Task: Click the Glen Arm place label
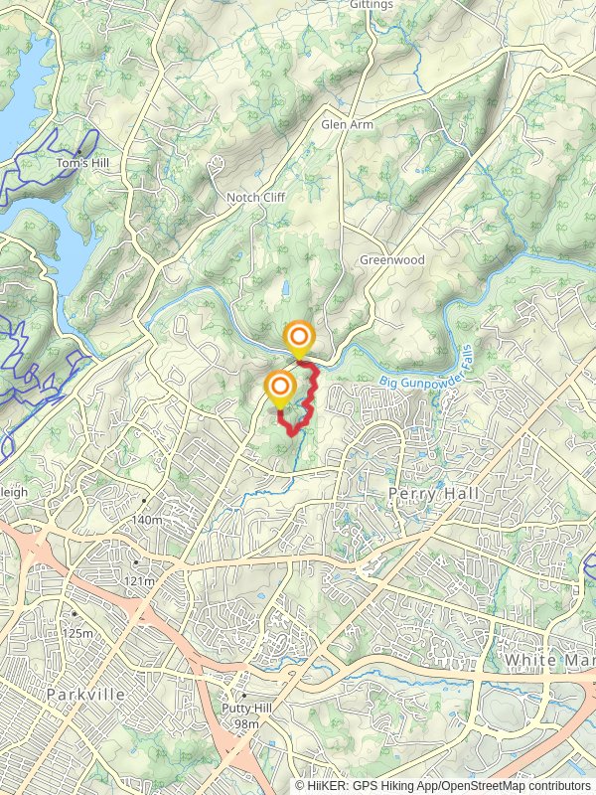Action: pos(344,125)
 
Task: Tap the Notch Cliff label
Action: pos(255,198)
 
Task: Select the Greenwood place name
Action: pos(391,260)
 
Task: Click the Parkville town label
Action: pos(85,695)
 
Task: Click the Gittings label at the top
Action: pos(372,5)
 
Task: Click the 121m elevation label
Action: pos(139,580)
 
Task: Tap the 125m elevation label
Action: pos(76,634)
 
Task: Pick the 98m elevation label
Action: pos(245,724)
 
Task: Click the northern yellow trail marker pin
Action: pos(298,339)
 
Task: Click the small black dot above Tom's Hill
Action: pos(77,151)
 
